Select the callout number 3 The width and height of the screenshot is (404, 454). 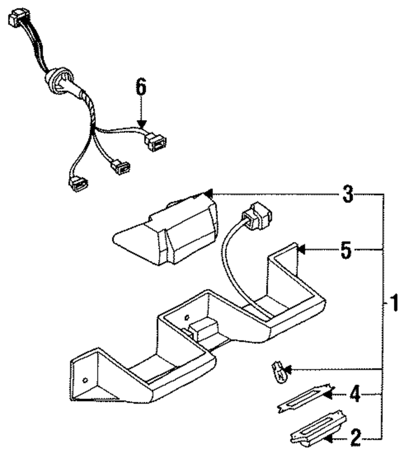(348, 194)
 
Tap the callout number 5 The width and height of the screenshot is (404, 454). (346, 250)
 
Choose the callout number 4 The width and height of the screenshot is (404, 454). (355, 394)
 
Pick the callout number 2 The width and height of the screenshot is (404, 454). (356, 438)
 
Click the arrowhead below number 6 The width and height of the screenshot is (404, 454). (141, 125)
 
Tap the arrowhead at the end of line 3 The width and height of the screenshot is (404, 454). (208, 194)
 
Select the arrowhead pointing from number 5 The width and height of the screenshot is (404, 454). (301, 249)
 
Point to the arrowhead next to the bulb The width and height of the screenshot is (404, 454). (289, 369)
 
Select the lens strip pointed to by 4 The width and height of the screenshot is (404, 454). (305, 398)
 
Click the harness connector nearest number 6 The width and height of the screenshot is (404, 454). (155, 142)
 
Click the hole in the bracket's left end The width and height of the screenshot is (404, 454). (85, 380)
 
